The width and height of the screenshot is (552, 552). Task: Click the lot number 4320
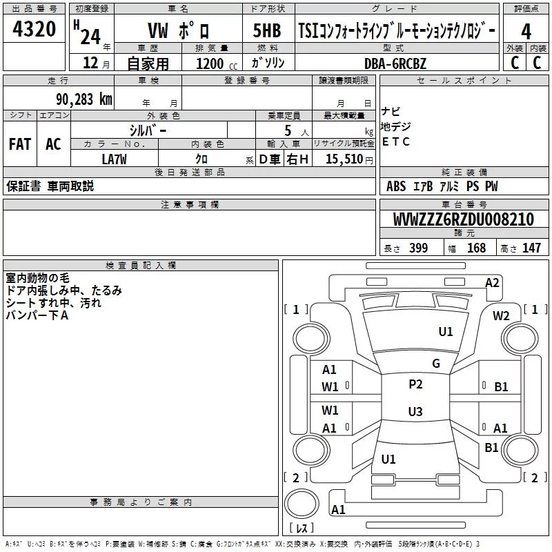coord(35,30)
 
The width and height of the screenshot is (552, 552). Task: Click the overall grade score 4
coord(526,32)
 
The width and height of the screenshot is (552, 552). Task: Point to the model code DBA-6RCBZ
coord(395,63)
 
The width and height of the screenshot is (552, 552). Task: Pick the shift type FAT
coord(19,144)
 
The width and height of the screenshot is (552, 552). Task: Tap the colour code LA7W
coord(114,159)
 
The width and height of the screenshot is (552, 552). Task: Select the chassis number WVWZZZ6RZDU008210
coord(463,219)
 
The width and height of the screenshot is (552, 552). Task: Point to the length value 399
coord(418,248)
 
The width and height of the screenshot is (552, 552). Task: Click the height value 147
coord(531,248)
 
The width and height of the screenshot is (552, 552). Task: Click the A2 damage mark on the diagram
coord(492,282)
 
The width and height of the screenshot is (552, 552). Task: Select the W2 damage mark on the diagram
coord(501,316)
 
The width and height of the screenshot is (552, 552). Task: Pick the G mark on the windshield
coord(436,364)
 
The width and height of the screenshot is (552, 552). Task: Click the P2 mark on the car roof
coord(415,384)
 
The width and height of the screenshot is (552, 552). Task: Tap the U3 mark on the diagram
coord(415,412)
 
